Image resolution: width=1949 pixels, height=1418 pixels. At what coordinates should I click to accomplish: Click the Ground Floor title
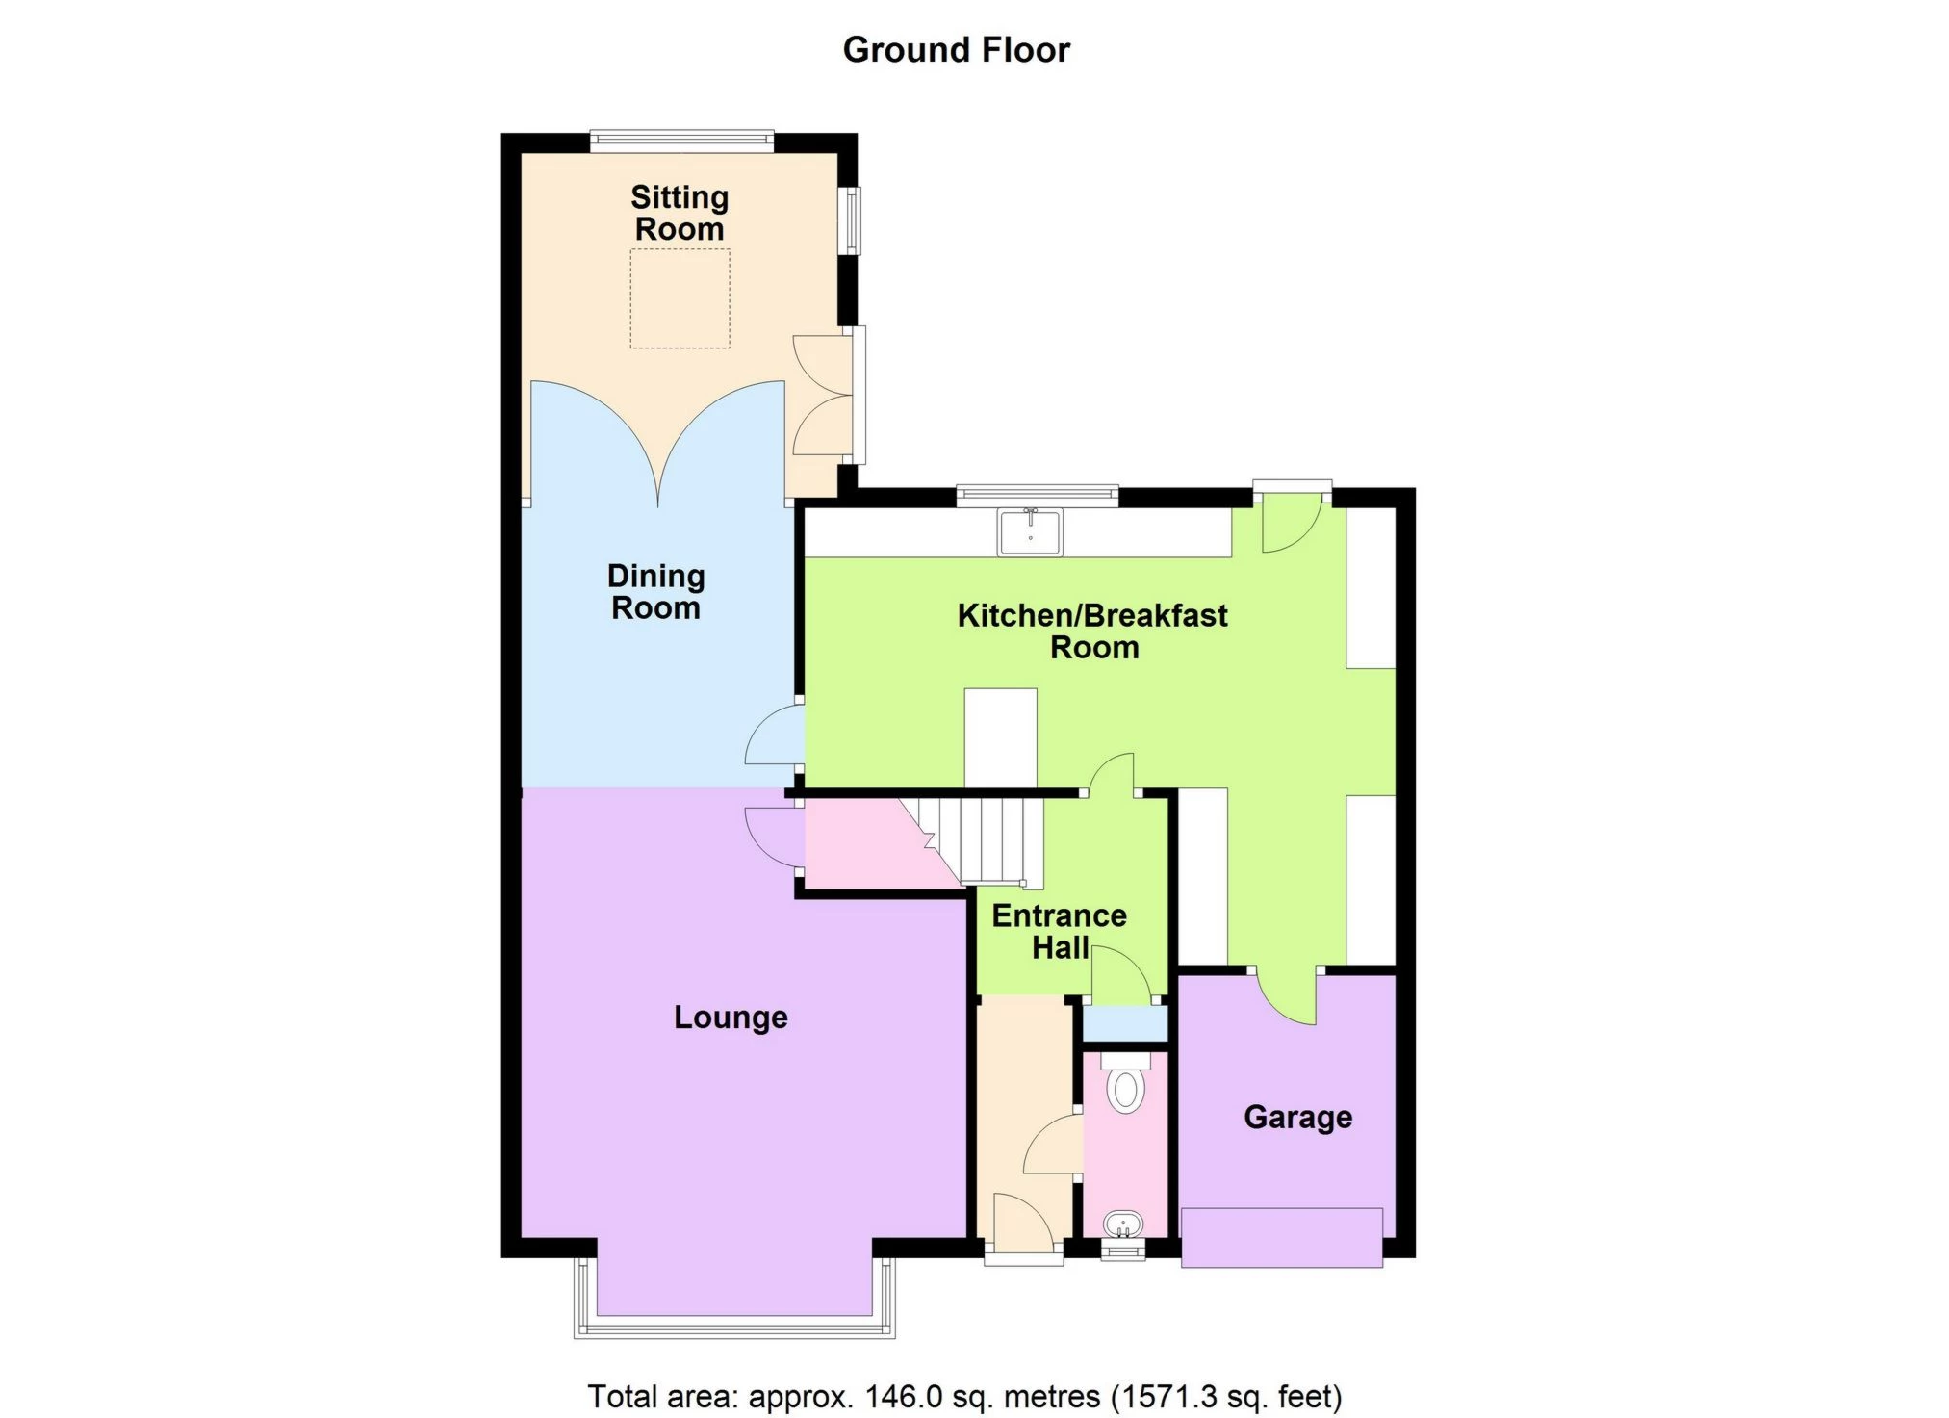[x=956, y=50]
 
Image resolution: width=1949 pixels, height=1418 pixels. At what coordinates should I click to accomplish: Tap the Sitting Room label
[x=680, y=213]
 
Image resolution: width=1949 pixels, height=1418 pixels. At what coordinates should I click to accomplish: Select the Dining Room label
[x=655, y=592]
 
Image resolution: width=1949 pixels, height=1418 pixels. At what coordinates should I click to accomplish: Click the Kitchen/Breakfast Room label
[x=1092, y=631]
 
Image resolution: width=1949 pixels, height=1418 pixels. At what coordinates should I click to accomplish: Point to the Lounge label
[x=731, y=1017]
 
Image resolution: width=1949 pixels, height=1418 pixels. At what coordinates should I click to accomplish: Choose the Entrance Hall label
[x=1059, y=931]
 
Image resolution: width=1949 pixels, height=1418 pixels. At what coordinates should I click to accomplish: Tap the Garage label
[x=1297, y=1117]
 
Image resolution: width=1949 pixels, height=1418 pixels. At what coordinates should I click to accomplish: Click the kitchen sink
[x=1030, y=532]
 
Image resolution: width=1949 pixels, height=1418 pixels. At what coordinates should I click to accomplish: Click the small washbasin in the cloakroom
[x=1123, y=1225]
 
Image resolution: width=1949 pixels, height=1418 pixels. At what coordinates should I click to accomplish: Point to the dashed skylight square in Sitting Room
[x=680, y=297]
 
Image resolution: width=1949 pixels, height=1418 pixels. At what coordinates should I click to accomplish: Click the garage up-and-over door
[x=1281, y=1237]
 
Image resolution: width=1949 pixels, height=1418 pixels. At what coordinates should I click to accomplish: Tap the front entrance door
[x=1023, y=1223]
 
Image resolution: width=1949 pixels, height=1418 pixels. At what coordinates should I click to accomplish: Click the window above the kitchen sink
[x=1037, y=495]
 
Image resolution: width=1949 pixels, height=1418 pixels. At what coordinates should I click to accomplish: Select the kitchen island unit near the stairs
[x=1000, y=737]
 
